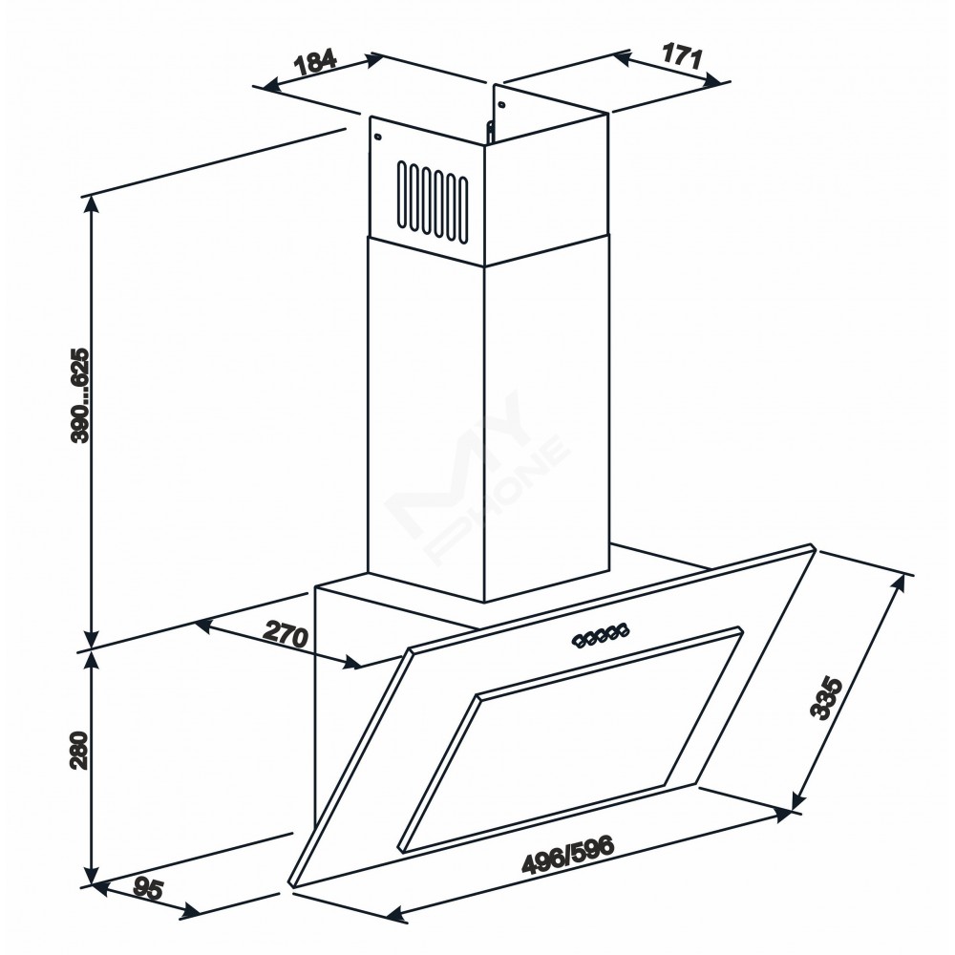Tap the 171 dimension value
(682, 57)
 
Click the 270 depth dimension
(286, 635)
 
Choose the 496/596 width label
(567, 855)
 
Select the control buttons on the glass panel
(601, 639)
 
